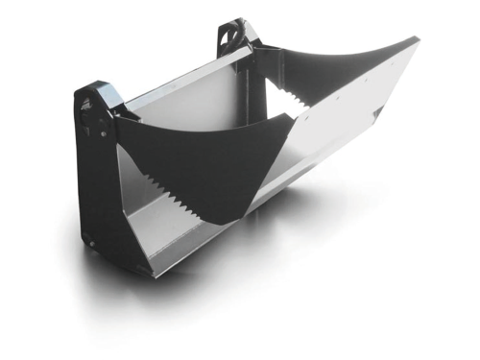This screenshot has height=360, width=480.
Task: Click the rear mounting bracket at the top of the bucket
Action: pyautogui.click(x=234, y=35)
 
